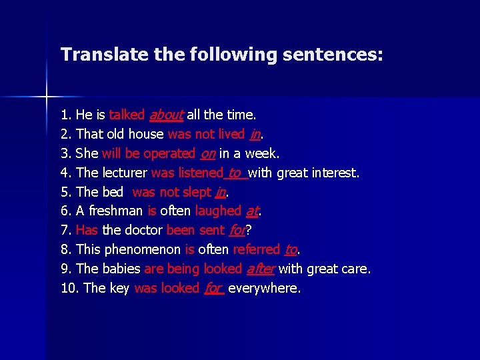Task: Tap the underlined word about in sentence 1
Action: pyautogui.click(x=166, y=115)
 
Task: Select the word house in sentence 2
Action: pyautogui.click(x=147, y=134)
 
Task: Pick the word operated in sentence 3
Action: pyautogui.click(x=169, y=153)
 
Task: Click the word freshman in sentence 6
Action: pyautogui.click(x=115, y=211)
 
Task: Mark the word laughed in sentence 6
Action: pyautogui.click(x=218, y=211)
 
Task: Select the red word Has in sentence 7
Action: pyautogui.click(x=87, y=231)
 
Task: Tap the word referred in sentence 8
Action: pyautogui.click(x=257, y=250)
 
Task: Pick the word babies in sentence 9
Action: pyautogui.click(x=122, y=269)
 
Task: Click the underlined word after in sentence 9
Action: pyautogui.click(x=260, y=269)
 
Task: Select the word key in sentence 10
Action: pyautogui.click(x=119, y=289)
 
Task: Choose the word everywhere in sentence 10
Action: pyautogui.click(x=264, y=289)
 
